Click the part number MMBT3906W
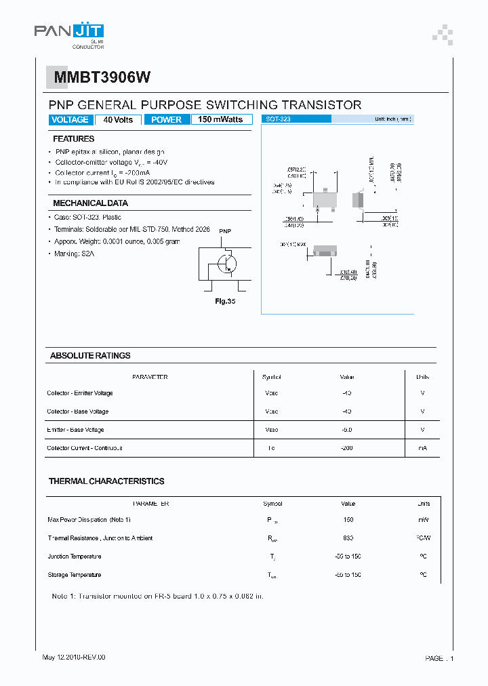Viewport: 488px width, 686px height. (98, 78)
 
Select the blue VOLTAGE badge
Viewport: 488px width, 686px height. (69, 120)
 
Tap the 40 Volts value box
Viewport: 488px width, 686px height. (118, 120)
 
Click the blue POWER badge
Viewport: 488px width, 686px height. (166, 120)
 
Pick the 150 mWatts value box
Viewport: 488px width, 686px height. (220, 120)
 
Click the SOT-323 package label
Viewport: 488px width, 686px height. (275, 119)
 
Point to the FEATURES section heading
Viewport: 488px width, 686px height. (74, 139)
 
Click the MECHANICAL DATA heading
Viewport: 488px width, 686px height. (90, 203)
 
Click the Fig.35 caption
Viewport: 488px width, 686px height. (226, 302)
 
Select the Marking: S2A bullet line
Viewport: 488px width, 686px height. (73, 253)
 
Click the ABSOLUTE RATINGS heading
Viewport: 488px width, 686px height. (90, 356)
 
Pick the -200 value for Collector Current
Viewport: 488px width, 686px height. (347, 448)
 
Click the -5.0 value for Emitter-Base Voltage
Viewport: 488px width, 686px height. (347, 430)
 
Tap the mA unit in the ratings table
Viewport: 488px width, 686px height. (422, 448)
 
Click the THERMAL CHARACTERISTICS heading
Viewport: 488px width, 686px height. (106, 481)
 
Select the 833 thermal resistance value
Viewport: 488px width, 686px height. (348, 538)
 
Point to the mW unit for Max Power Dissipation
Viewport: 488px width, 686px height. (423, 520)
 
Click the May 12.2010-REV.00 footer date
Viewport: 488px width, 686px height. (74, 658)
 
